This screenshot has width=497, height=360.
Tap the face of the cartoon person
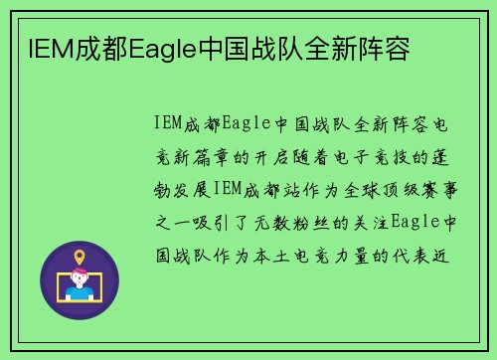80,279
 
